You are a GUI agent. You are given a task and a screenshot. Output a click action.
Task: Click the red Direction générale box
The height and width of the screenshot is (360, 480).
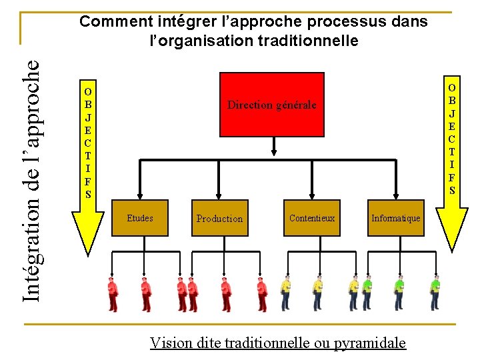click(271, 104)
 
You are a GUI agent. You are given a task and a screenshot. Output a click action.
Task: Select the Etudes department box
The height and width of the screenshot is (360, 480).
click(140, 218)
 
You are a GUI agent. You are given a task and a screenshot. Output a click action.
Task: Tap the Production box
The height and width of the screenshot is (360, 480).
click(219, 218)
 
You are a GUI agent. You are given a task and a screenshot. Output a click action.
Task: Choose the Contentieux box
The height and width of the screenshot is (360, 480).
click(312, 218)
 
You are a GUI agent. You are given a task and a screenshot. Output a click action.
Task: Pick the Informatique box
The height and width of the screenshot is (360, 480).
click(395, 218)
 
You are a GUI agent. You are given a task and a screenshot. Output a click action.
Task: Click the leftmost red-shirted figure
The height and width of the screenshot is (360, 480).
click(113, 294)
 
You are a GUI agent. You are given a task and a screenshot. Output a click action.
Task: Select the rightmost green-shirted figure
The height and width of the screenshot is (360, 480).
click(435, 294)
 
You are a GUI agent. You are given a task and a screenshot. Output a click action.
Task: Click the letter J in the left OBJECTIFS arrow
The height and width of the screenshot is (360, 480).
click(88, 117)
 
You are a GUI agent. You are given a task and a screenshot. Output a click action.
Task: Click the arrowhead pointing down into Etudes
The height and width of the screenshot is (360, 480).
click(140, 195)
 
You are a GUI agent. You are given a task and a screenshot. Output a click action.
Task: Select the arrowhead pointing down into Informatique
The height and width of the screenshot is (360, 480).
click(395, 195)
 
